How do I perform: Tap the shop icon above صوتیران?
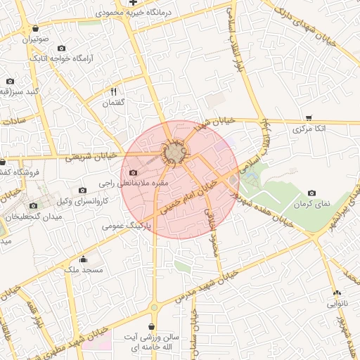(x=35, y=29)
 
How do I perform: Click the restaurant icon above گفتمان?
(x=113, y=92)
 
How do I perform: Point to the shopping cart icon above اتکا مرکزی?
(x=309, y=118)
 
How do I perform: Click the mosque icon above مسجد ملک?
(x=84, y=258)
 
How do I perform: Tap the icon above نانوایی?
(x=336, y=292)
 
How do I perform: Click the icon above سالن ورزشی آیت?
(x=153, y=326)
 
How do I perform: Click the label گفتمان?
(x=113, y=103)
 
